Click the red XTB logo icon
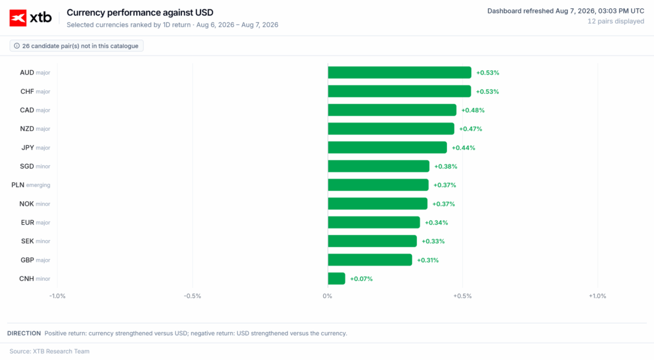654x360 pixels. tap(18, 18)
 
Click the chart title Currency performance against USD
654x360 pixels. tap(140, 13)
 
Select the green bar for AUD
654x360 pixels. tap(400, 73)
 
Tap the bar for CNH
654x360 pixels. tap(337, 279)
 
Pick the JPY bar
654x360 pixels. tap(388, 147)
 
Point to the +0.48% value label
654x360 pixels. tap(473, 110)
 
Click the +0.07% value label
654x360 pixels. tap(361, 279)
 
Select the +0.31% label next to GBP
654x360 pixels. tap(428, 260)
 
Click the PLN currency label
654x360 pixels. tap(17, 185)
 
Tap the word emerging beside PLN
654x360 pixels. tap(38, 185)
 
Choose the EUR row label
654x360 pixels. tap(27, 223)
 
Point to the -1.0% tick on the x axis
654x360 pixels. tap(57, 296)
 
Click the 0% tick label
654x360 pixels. tap(328, 296)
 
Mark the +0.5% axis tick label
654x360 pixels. tap(462, 296)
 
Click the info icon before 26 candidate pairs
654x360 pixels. tap(17, 46)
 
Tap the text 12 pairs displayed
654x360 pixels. tap(616, 21)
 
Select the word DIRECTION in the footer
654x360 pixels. tap(24, 333)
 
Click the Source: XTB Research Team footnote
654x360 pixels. tap(49, 351)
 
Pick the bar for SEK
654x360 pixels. tap(372, 241)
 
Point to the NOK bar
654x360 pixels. tap(377, 204)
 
